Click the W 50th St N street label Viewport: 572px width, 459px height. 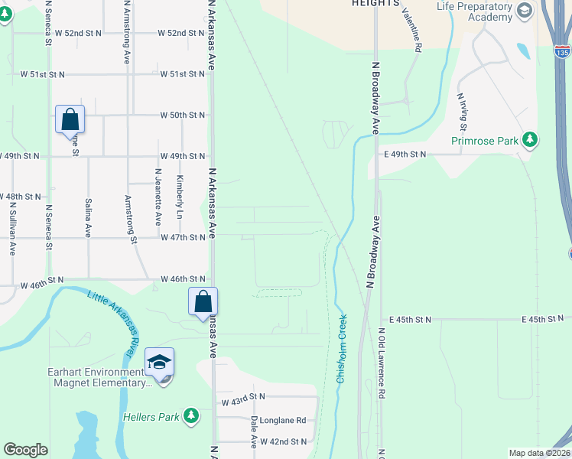click(x=182, y=115)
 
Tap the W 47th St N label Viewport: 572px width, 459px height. click(x=183, y=237)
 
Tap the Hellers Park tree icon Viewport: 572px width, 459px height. click(x=190, y=416)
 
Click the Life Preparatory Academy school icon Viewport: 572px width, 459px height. click(x=524, y=10)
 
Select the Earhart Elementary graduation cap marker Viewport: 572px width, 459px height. click(x=160, y=363)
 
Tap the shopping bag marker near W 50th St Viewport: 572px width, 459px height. click(x=70, y=120)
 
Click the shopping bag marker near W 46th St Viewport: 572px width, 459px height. click(x=203, y=301)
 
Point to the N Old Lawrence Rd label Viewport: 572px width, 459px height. click(x=381, y=364)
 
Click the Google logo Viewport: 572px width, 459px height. click(x=26, y=450)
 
